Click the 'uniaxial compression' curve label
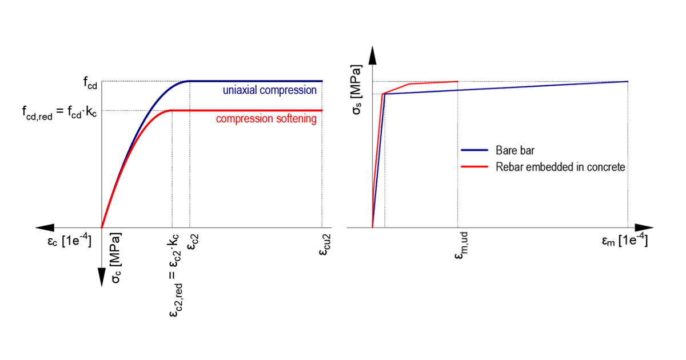(269, 90)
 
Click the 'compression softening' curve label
(266, 119)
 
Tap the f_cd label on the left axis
(90, 81)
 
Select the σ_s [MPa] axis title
(357, 91)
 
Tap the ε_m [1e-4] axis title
(624, 242)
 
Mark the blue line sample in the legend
(474, 150)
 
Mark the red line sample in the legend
(474, 167)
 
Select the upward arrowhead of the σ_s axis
(372, 55)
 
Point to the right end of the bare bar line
(628, 81)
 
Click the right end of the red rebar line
(457, 81)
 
